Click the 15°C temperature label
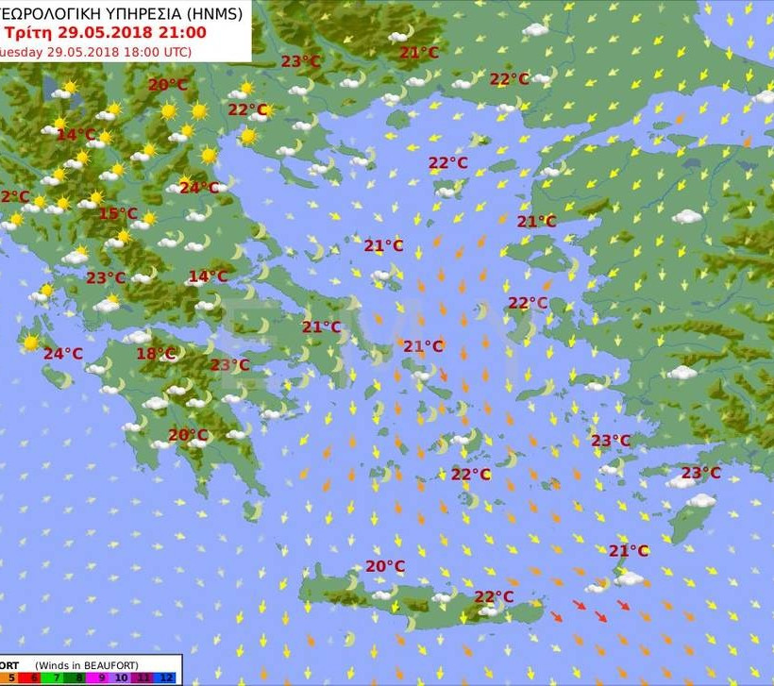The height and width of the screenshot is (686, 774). click(118, 213)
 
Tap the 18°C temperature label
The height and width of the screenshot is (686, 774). click(156, 354)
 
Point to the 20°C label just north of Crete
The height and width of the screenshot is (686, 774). click(385, 566)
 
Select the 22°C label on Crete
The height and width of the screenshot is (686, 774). click(494, 596)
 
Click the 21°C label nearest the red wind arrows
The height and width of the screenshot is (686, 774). click(628, 551)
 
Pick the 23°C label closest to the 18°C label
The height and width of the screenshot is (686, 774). click(229, 365)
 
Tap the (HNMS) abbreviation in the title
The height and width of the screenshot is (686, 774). click(212, 14)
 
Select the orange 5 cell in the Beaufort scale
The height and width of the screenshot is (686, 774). click(11, 678)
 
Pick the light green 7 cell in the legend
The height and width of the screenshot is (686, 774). click(56, 678)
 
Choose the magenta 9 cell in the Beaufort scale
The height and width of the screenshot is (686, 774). click(101, 678)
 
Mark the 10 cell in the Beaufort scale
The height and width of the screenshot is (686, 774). click(124, 678)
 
